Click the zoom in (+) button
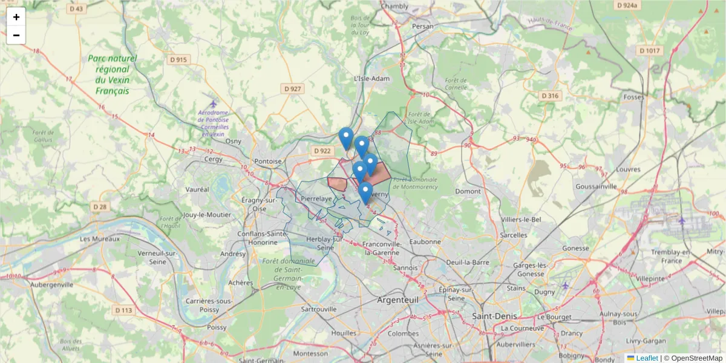16,17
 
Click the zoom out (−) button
16,35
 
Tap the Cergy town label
214,159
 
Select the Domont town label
468,191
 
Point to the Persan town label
423,27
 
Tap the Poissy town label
217,327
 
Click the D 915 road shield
178,59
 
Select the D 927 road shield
292,89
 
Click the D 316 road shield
550,96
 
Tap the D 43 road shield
77,8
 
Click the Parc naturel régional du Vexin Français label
113,74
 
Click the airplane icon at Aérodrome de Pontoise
213,103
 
